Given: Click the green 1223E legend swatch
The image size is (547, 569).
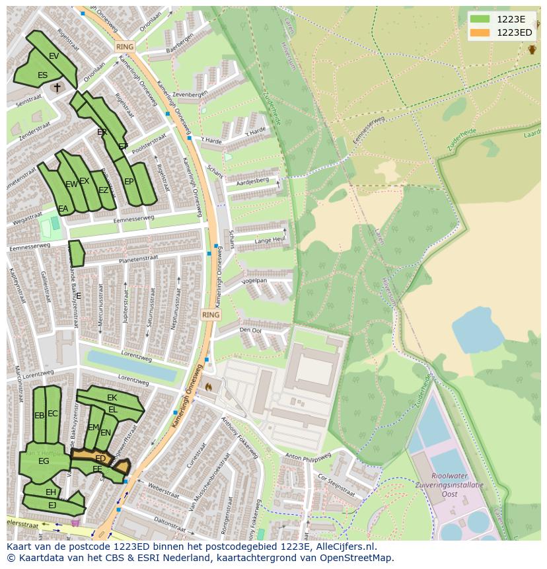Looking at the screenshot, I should tap(480, 19).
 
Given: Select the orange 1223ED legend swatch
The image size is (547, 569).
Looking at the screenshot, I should tap(480, 32).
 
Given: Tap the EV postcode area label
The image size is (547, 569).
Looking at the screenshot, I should tap(54, 56).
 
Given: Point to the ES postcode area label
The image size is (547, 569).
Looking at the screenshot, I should tap(42, 75).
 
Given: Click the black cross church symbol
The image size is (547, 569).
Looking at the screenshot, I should tap(57, 87).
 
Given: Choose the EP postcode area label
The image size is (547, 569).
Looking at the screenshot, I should tap(129, 182).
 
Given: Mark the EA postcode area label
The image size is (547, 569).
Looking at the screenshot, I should tap(63, 209).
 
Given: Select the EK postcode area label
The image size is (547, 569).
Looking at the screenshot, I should tap(112, 398).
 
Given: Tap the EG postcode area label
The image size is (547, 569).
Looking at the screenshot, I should tap(44, 461).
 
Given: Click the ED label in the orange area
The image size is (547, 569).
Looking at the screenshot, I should tap(100, 458).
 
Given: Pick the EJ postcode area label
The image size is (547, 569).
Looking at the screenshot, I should tap(52, 506).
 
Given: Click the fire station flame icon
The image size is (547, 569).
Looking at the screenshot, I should tap(209, 387).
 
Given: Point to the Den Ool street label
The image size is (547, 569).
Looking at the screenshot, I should tap(250, 330).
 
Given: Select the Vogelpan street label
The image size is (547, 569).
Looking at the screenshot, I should tap(254, 281).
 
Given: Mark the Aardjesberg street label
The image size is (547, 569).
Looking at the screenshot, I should tap(253, 180).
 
